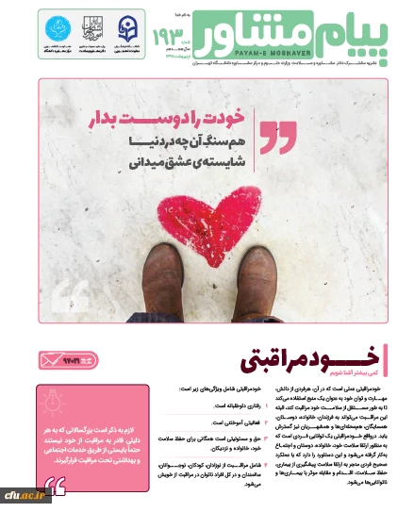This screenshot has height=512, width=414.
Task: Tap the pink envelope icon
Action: click(x=51, y=359)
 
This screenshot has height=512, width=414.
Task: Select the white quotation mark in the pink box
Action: click(x=56, y=486)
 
